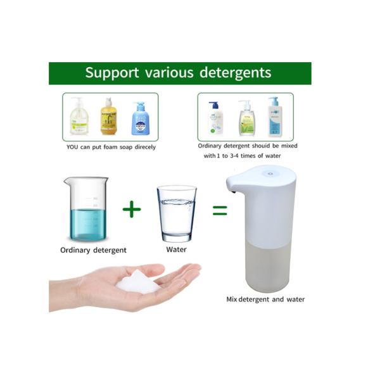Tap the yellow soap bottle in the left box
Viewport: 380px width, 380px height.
click(109, 117)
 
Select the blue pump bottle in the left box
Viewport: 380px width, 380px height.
click(140, 118)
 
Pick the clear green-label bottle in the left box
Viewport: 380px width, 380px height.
click(79, 117)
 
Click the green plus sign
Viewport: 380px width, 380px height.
click(132, 208)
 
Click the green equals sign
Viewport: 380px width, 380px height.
click(219, 210)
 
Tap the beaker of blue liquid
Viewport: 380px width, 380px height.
click(87, 210)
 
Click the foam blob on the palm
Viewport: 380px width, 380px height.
click(139, 282)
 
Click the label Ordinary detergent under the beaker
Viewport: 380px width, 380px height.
click(93, 250)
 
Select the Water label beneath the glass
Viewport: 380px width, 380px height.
click(176, 250)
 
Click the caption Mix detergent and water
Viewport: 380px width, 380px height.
click(265, 299)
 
